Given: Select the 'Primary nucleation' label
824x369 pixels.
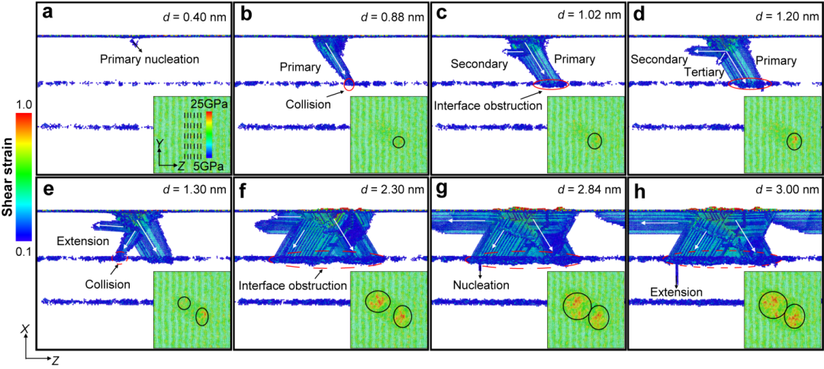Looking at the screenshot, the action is [x=150, y=59].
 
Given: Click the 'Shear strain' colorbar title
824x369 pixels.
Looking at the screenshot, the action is [x=9, y=182].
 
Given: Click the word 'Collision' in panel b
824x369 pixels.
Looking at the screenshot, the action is [x=314, y=104].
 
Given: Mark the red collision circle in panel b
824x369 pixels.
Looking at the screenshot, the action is [x=349, y=84].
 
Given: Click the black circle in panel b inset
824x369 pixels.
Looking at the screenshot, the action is [x=399, y=142].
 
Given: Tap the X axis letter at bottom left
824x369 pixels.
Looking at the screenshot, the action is [x=24, y=329].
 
